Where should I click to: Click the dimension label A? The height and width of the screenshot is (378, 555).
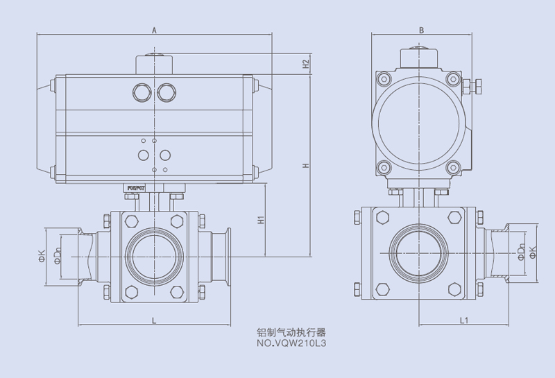point(154,30)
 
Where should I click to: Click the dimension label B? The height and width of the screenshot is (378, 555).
point(421,30)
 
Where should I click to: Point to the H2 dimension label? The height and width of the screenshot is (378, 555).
point(306,63)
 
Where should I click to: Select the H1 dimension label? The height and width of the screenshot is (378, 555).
point(262,220)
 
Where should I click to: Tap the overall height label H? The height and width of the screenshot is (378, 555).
point(306,166)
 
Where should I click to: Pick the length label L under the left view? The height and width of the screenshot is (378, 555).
point(153,320)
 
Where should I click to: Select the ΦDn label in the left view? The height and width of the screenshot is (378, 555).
point(58,256)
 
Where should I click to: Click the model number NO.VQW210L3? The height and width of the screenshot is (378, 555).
point(291,343)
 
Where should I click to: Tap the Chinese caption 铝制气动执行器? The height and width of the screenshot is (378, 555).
point(291,332)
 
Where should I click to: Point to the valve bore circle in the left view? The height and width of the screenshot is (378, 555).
point(153,255)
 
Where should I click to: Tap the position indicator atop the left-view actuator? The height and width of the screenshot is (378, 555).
point(153,61)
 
